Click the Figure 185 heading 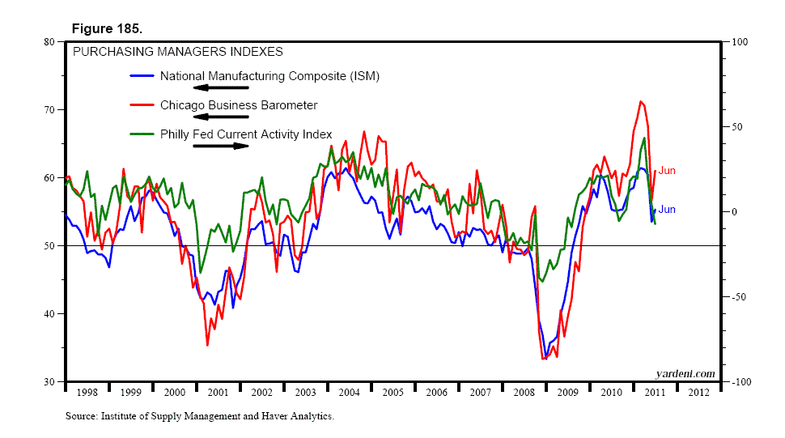pos(107,28)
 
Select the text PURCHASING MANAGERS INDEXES pos(178,52)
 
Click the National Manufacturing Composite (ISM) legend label pos(269,76)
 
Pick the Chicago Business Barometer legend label pos(239,105)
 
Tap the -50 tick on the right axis pos(738,297)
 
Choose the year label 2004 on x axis pos(349,393)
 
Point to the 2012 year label pos(698,393)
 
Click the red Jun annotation pos(667,171)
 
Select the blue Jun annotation pos(667,210)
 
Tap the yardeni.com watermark pos(685,373)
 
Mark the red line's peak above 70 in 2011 pos(640,101)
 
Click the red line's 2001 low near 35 pos(207,345)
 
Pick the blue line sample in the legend pos(142,77)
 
